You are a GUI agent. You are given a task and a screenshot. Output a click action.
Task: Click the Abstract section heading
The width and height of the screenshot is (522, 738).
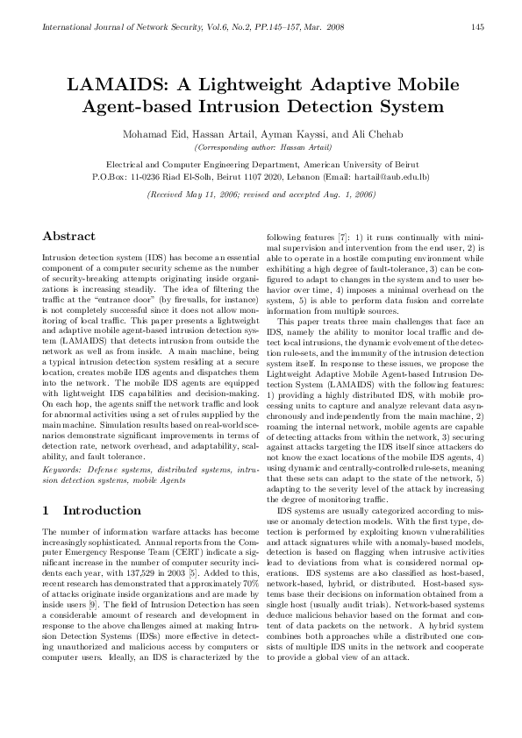click(x=69, y=237)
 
